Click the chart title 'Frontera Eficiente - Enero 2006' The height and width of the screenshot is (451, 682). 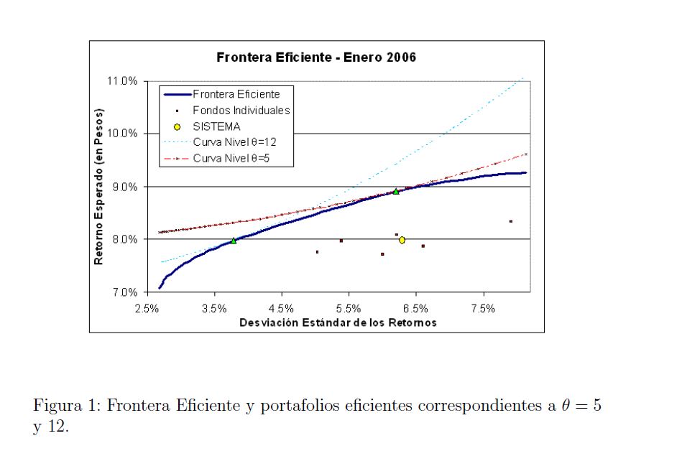[315, 57]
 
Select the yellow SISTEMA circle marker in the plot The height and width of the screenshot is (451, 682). [402, 240]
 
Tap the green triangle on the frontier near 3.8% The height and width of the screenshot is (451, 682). [234, 241]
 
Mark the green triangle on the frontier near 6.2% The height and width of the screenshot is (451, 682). [396, 192]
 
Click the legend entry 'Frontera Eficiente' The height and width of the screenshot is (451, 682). [236, 94]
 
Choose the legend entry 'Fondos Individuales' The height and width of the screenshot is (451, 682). [241, 111]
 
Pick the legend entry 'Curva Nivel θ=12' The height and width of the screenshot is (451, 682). [234, 141]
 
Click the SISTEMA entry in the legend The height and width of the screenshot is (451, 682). [216, 126]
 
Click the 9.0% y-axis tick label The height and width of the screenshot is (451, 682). [124, 187]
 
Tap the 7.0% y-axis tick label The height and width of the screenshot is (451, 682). [124, 292]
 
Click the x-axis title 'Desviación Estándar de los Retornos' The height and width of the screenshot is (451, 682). [338, 322]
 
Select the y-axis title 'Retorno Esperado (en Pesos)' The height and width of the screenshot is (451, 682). [100, 187]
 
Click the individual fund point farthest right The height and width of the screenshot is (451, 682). [510, 221]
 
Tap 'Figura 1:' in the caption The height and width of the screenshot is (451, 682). [66, 406]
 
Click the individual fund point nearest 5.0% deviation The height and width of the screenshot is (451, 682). [317, 252]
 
